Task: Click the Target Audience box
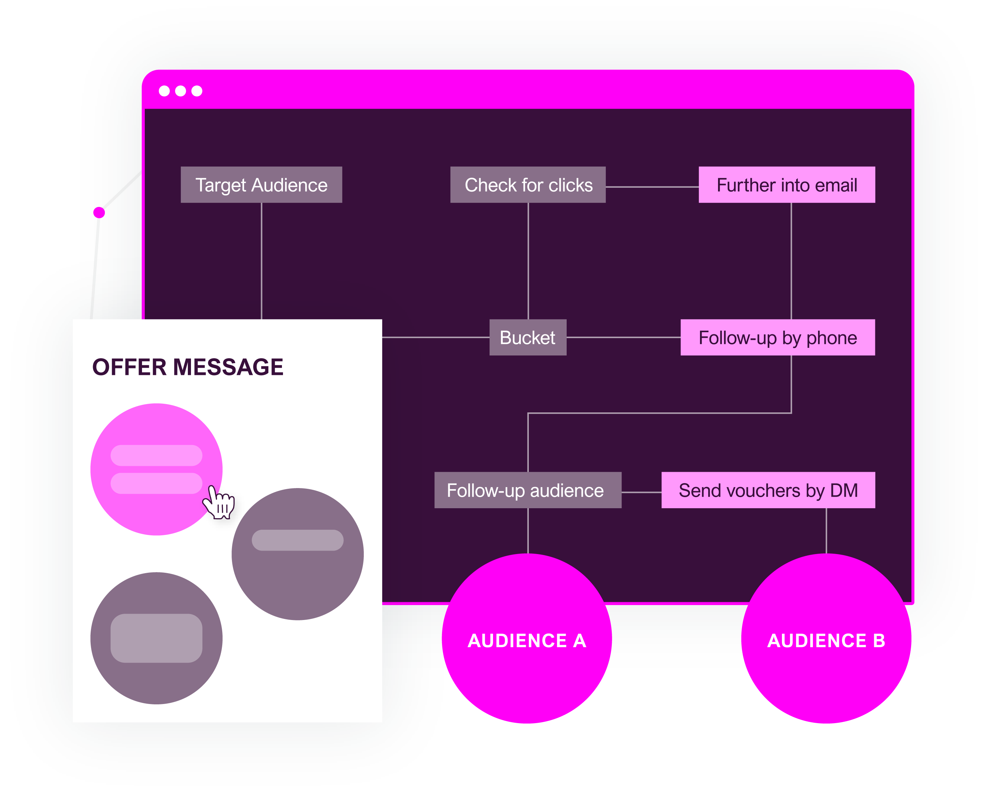261,185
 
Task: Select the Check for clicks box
528,185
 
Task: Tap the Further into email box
786,185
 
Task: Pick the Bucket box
528,337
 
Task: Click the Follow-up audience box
528,490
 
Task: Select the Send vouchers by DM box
768,490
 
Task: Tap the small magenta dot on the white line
99,212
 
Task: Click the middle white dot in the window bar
181,91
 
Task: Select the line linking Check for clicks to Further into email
652,187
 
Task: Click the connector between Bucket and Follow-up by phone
624,337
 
